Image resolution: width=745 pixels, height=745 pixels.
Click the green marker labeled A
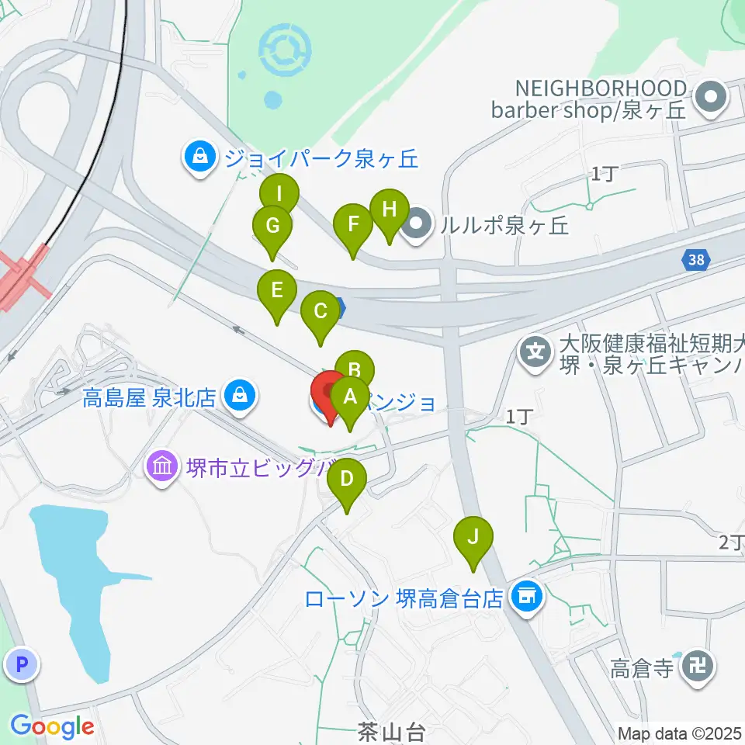tap(350, 398)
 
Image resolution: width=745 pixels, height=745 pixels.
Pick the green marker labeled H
tap(389, 210)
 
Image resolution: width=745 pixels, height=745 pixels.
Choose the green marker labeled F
tap(353, 226)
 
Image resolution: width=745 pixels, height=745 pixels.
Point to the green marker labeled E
tap(276, 291)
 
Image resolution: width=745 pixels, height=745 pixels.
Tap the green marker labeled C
tap(321, 312)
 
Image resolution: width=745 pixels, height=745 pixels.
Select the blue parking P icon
tap(21, 664)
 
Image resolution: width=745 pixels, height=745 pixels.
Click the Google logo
tap(52, 727)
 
